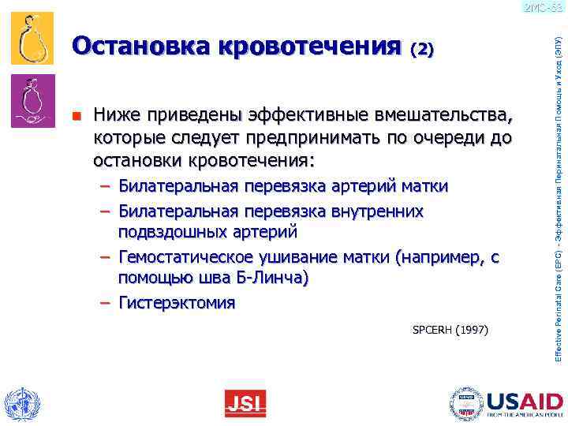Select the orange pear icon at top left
pos(32,39)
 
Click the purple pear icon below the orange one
pos(32,100)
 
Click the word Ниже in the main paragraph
pos(117,117)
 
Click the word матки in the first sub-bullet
pos(424,186)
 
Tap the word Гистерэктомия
pos(177,303)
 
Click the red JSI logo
pos(245,403)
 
